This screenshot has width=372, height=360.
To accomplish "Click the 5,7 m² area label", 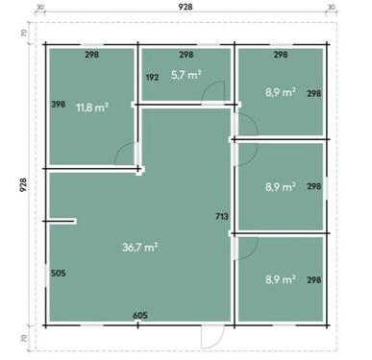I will pos(186,75).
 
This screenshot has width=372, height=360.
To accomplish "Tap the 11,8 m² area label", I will pos(90,108).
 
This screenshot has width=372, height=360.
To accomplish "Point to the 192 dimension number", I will pos(151,76).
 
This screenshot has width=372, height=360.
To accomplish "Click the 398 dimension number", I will pos(59,103).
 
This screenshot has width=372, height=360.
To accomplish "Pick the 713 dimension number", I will pos(222,218).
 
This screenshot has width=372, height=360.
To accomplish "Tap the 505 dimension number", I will pos(59,274).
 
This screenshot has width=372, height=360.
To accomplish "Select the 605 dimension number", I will pos(139,315).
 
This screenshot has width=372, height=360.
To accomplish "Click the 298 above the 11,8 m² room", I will pos(91,55).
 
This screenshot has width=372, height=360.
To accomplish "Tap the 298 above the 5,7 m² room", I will pos(186,55).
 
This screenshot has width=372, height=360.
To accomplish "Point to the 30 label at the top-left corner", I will pos(40,8).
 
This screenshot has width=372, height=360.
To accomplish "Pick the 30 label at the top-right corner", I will pos(332,8).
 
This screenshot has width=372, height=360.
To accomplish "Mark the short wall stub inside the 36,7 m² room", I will pos(62,222).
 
